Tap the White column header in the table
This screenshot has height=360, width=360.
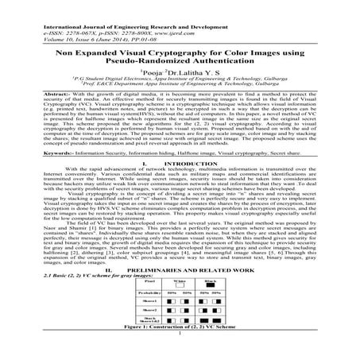(x=180, y=303)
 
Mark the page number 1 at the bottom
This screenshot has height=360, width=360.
(x=180, y=356)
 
